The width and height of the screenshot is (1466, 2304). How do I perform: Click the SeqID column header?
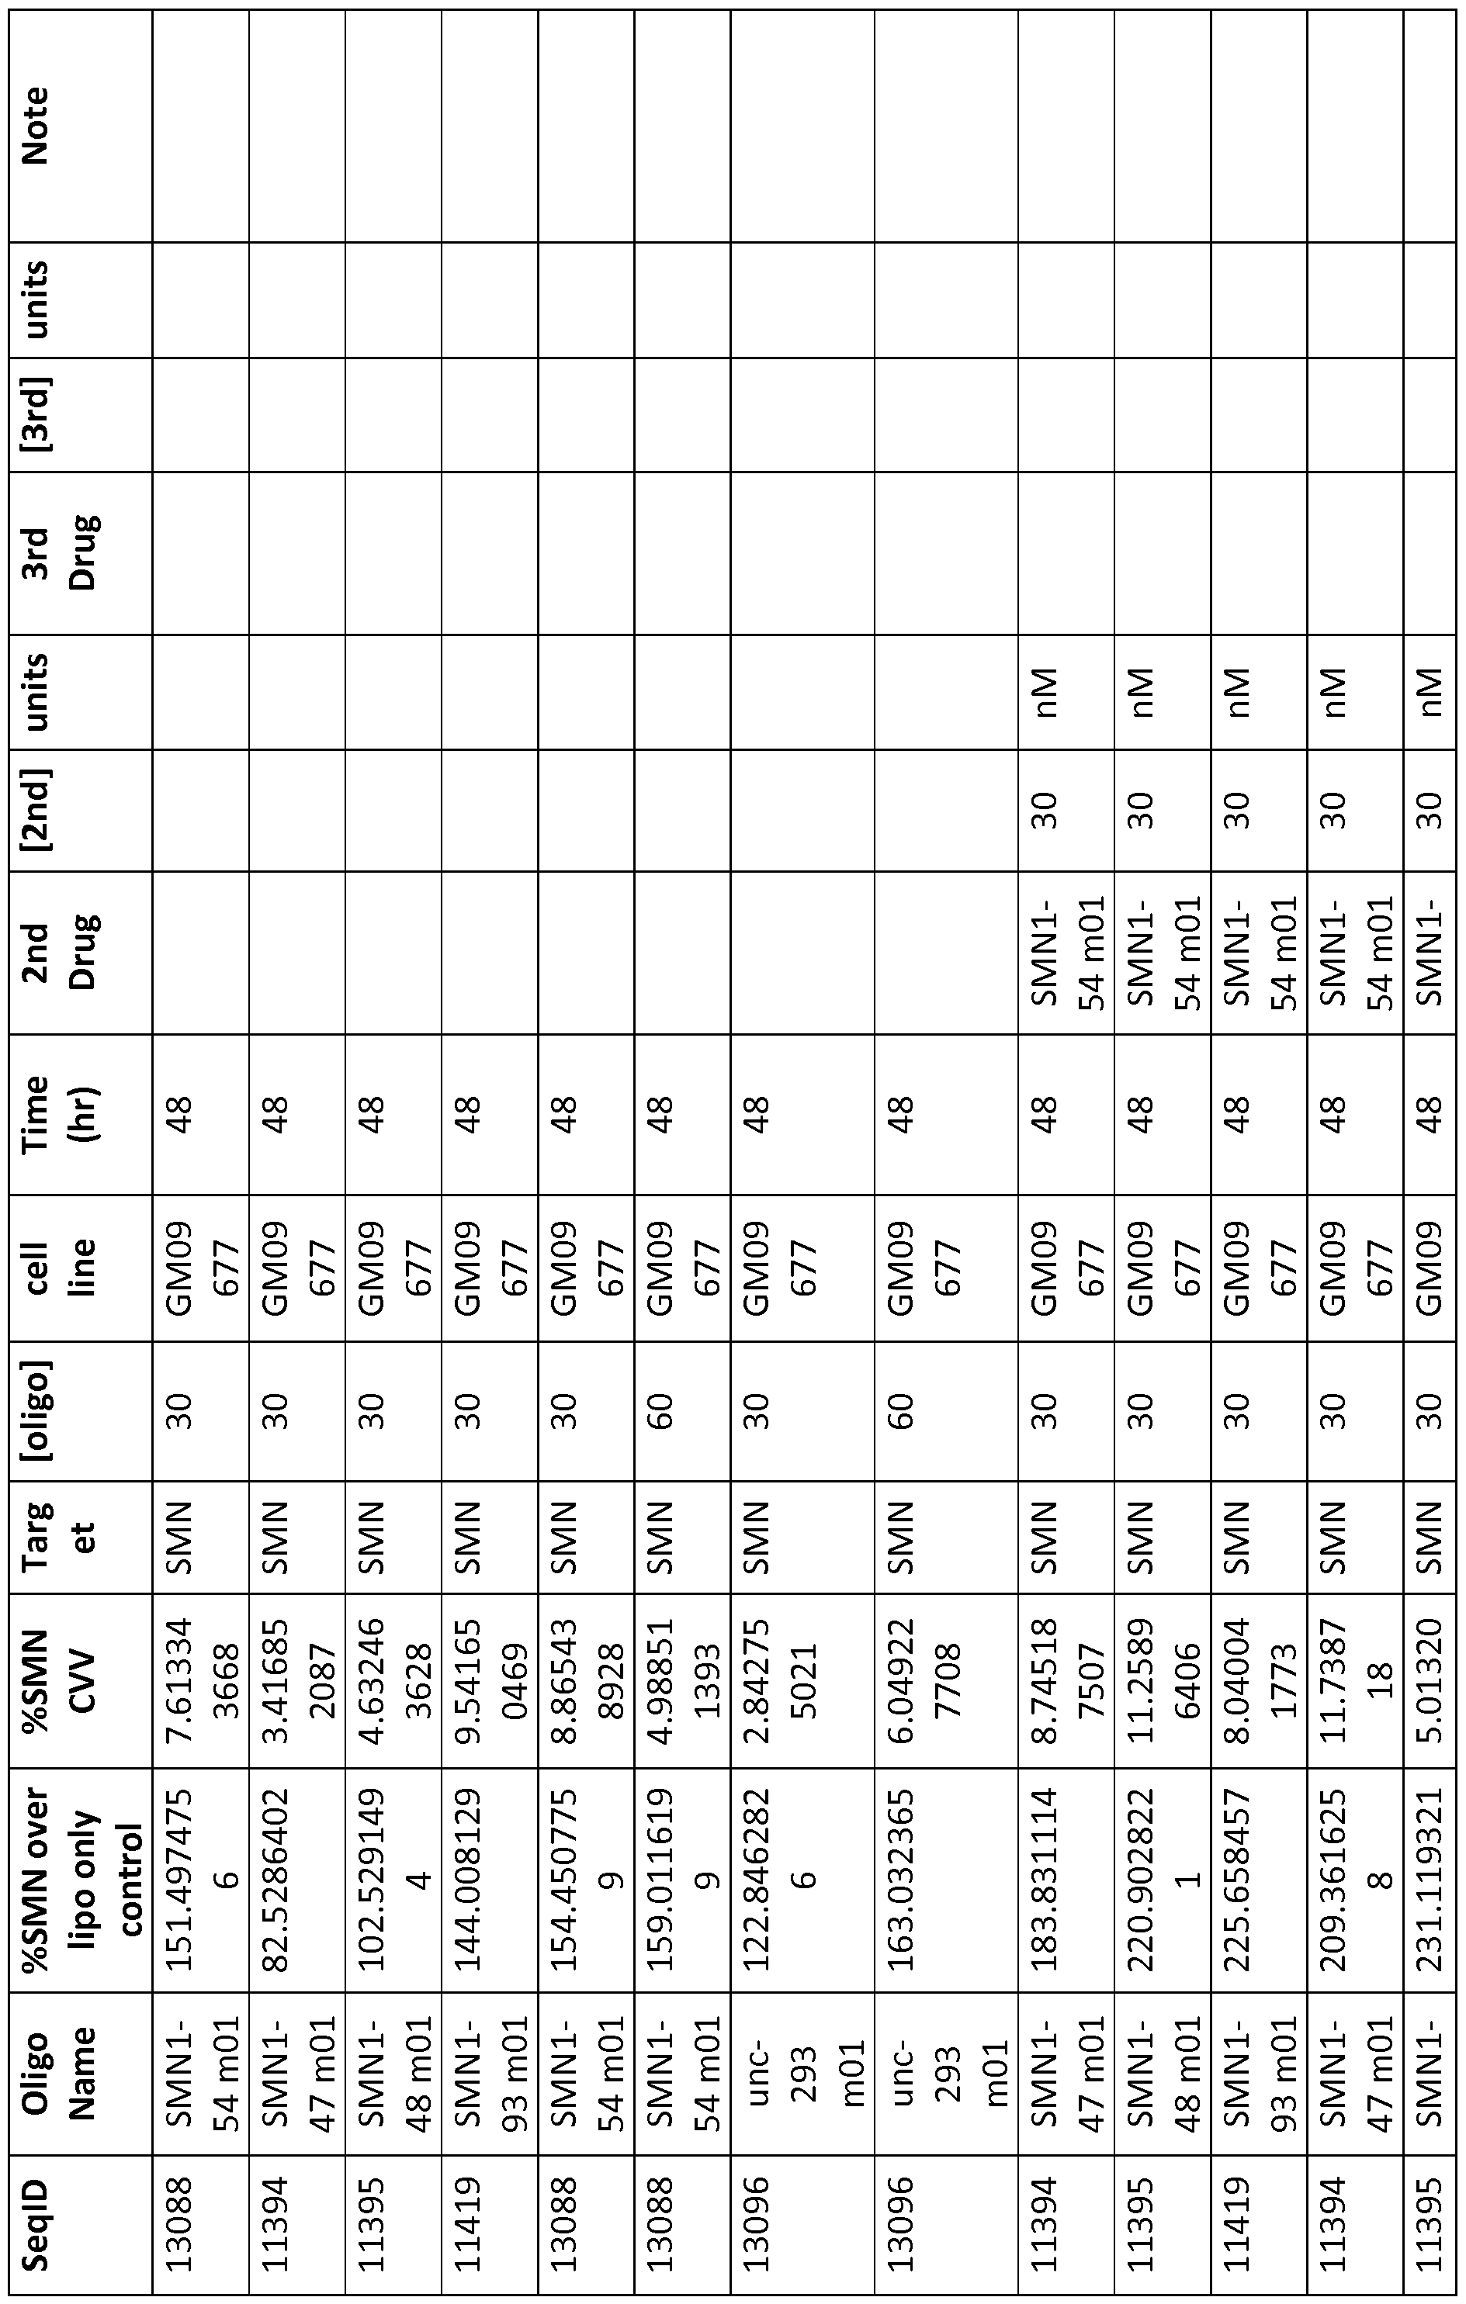click(81, 2238)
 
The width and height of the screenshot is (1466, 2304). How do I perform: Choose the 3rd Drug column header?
click(81, 552)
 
